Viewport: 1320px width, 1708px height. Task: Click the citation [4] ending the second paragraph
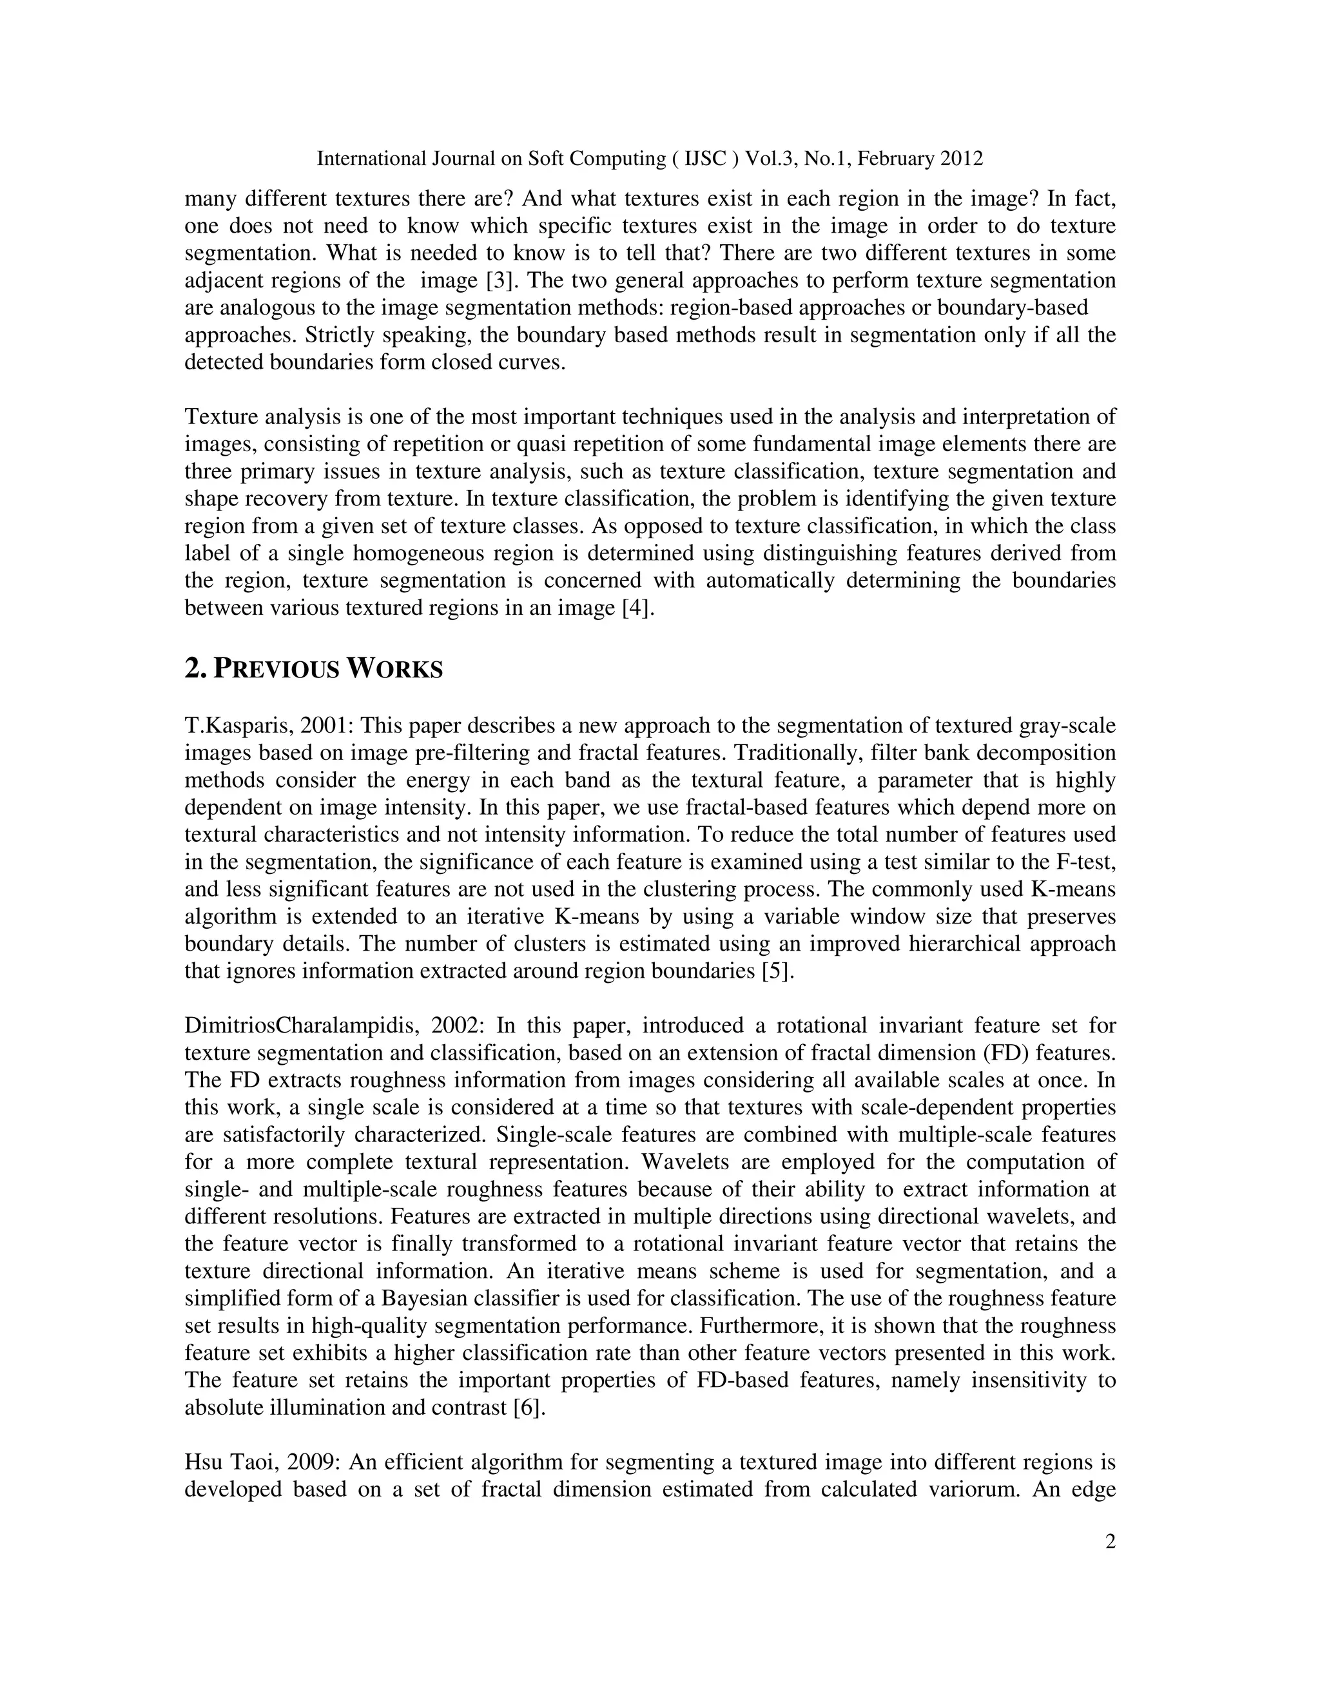637,608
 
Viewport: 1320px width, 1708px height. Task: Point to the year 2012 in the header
962,159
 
